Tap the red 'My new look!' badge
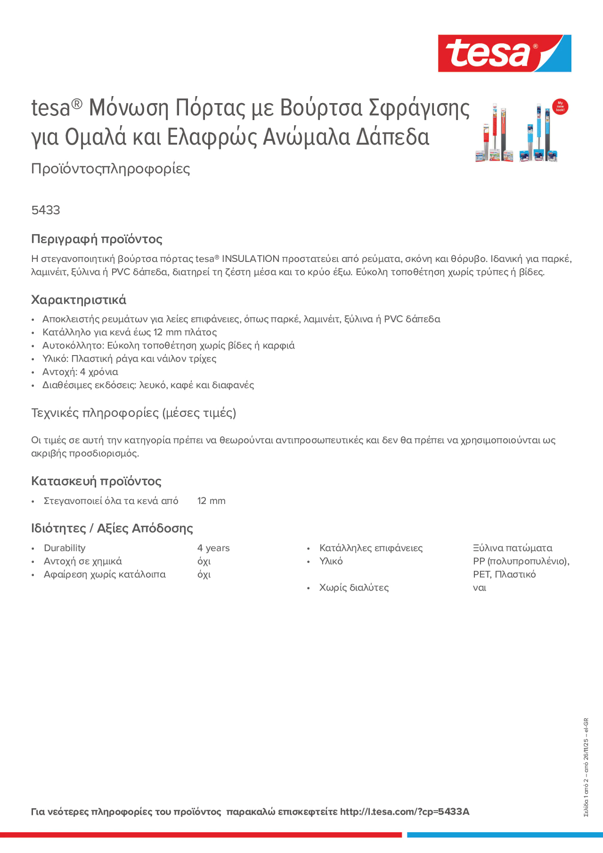560,107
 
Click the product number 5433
45,210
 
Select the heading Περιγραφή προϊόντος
97,239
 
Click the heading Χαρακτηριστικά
78,300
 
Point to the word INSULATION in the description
250,259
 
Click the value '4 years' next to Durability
213,548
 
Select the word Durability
64,548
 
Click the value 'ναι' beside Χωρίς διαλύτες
479,588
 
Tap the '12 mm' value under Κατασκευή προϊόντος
211,501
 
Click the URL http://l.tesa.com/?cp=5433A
405,812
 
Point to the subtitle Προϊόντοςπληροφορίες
111,169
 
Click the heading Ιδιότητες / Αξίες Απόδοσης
112,528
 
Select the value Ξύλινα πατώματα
512,548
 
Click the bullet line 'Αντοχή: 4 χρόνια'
80,372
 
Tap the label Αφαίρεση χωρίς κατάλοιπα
104,575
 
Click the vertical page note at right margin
586,767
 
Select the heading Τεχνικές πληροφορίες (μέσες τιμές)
134,413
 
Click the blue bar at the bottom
505,835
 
